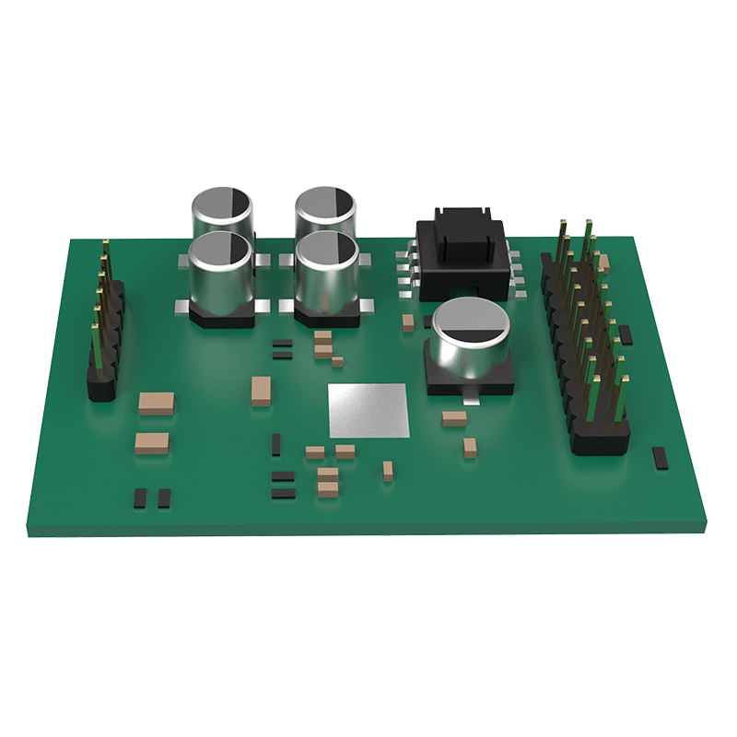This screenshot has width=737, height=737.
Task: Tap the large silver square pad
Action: click(x=368, y=410)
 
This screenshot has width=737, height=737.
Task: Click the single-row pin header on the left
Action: click(x=103, y=322)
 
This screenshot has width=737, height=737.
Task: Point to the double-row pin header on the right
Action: click(x=590, y=341)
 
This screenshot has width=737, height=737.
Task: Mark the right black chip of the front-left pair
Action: click(x=164, y=498)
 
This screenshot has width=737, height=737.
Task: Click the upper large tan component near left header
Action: click(x=156, y=402)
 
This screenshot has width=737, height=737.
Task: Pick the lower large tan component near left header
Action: click(x=152, y=443)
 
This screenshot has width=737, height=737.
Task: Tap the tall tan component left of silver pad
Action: click(x=261, y=391)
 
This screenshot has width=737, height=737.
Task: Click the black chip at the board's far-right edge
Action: click(x=660, y=458)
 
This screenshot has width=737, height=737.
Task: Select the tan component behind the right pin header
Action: click(x=602, y=263)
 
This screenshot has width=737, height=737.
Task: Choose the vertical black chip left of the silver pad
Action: click(x=276, y=445)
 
